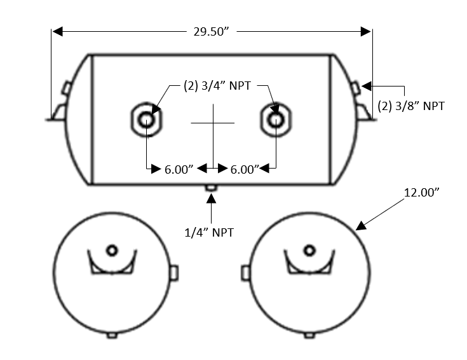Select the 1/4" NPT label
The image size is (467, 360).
pyautogui.click(x=210, y=233)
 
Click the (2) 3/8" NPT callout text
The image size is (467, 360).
pyautogui.click(x=410, y=106)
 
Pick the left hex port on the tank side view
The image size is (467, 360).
pyautogui.click(x=147, y=120)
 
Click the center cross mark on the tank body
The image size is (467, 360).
pyautogui.click(x=213, y=122)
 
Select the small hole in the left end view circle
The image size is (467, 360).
pyautogui.click(x=112, y=250)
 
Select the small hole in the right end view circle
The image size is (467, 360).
pyautogui.click(x=309, y=250)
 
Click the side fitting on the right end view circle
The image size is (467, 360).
pyautogui.click(x=245, y=273)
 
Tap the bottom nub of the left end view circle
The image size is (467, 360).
pyautogui.click(x=112, y=335)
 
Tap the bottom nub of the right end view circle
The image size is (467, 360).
pyautogui.click(x=309, y=335)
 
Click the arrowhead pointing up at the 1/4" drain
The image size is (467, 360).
pyautogui.click(x=212, y=199)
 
